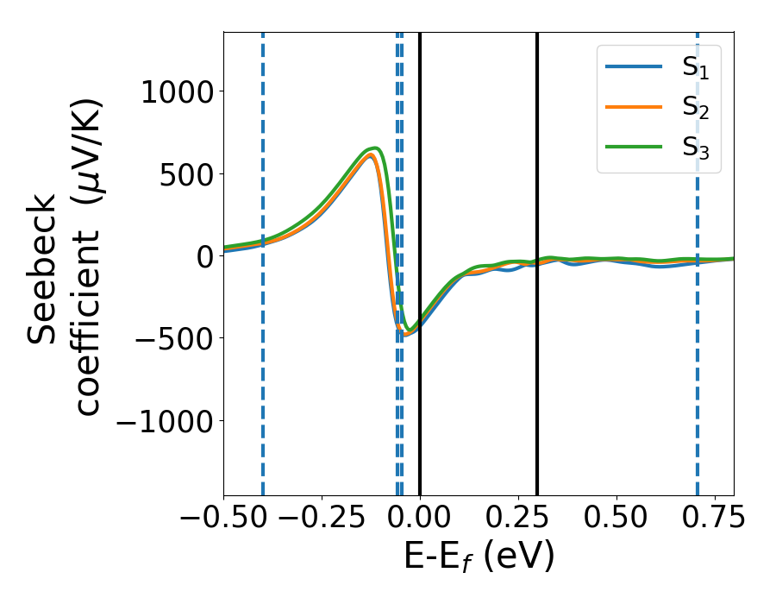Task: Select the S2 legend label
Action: pyautogui.click(x=695, y=107)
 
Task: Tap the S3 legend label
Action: pyautogui.click(x=695, y=146)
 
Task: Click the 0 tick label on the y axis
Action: pyautogui.click(x=204, y=256)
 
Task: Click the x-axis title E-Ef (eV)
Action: pyautogui.click(x=479, y=557)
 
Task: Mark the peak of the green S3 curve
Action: pyautogui.click(x=375, y=148)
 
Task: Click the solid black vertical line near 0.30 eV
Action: pyautogui.click(x=537, y=388)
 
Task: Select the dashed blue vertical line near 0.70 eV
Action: pyautogui.click(x=697, y=388)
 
